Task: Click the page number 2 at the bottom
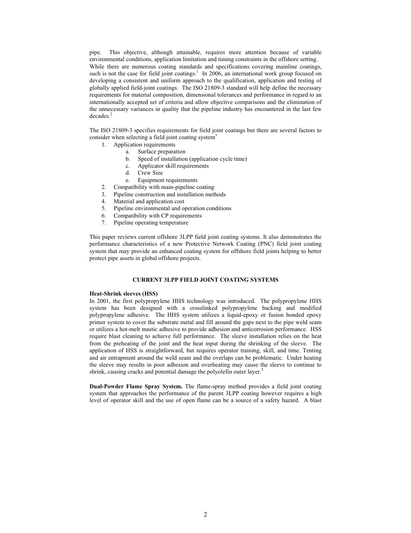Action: tap(205, 514)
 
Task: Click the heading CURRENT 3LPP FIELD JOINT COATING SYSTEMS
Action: tap(205, 280)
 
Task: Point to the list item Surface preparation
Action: tap(161, 152)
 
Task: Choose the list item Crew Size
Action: tap(150, 173)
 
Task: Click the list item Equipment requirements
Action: tap(167, 180)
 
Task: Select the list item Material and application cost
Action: tap(149, 201)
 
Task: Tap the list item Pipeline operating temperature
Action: tap(151, 223)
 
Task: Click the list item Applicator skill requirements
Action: tap(173, 166)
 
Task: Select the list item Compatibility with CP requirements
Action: tap(157, 216)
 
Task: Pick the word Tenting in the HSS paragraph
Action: tap(312, 351)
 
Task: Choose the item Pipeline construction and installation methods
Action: tap(169, 195)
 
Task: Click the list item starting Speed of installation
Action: tap(192, 159)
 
